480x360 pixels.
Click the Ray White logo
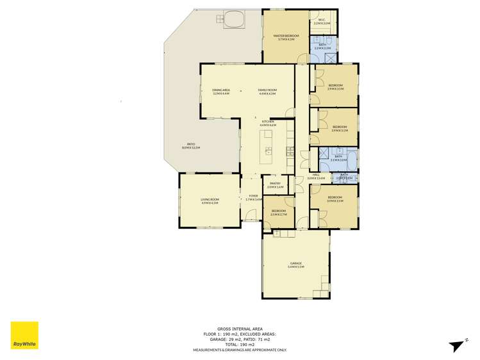pos(24,336)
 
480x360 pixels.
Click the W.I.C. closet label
pos(322,21)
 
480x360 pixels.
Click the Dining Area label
pos(221,92)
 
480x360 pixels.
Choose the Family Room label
pos(267,92)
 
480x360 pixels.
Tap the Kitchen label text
pos(267,123)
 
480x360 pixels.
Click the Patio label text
pos(191,145)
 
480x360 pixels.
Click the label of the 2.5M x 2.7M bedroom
pos(278,212)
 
